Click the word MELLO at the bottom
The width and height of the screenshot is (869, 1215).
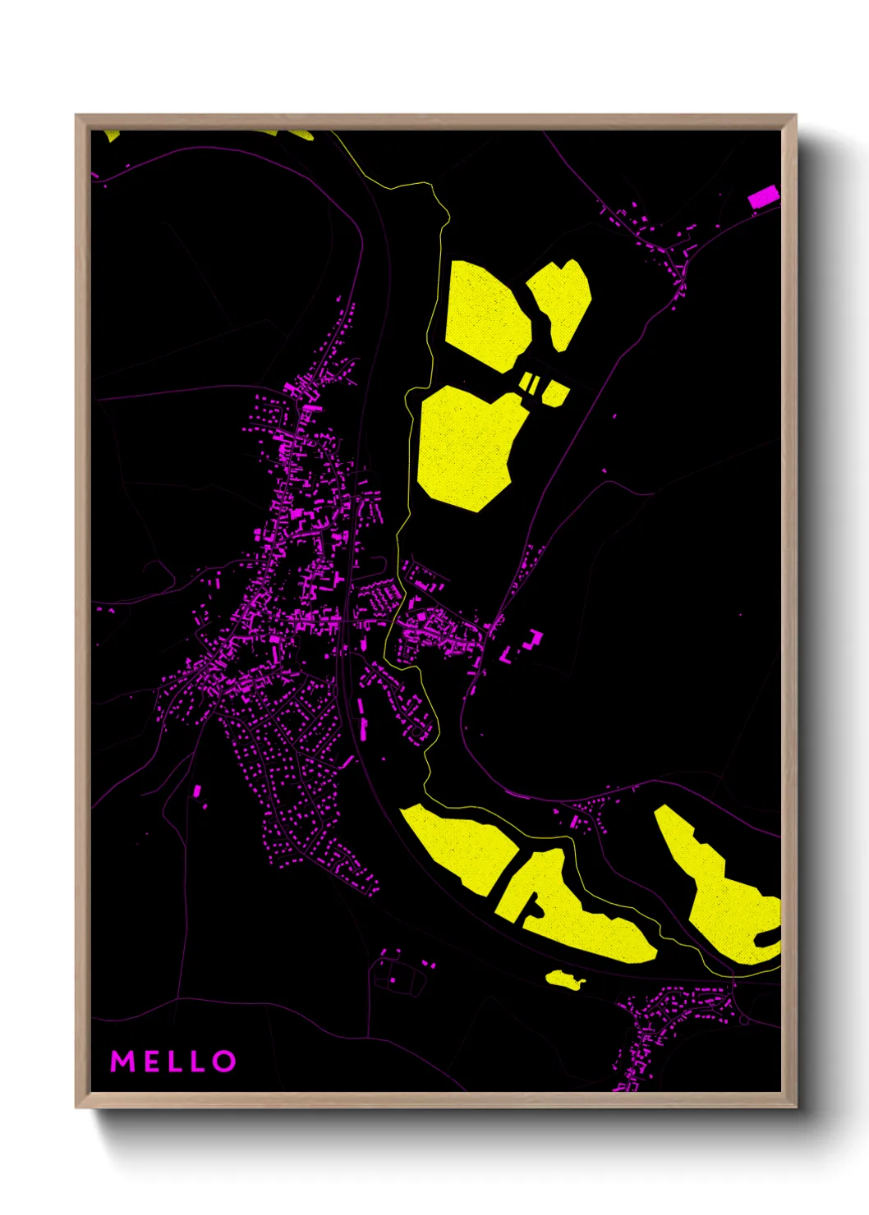click(x=173, y=1061)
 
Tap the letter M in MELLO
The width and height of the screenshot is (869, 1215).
click(x=122, y=1061)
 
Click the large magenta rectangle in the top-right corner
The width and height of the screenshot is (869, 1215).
click(x=763, y=197)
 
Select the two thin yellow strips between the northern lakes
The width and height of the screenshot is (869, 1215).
click(x=531, y=383)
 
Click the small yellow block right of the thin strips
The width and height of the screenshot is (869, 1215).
click(x=555, y=393)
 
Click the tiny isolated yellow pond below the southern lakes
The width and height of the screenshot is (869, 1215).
click(x=562, y=978)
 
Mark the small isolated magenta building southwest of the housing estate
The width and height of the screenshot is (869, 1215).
click(x=197, y=791)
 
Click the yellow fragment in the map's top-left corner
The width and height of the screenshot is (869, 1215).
click(x=112, y=135)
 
